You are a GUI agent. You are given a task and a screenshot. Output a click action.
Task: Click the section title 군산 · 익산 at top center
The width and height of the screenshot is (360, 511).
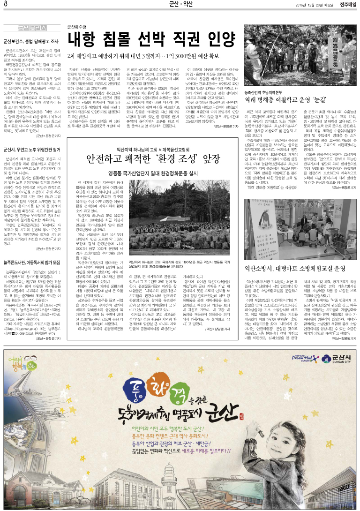[180, 5]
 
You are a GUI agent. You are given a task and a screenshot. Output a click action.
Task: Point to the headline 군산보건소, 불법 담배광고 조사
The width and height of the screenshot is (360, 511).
[34, 41]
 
